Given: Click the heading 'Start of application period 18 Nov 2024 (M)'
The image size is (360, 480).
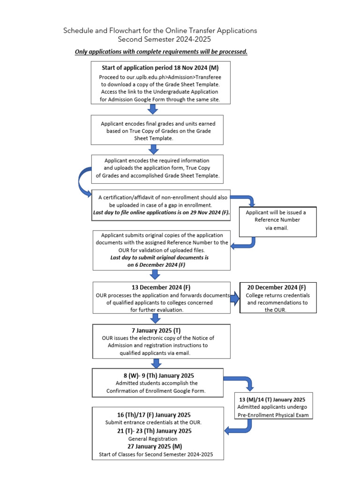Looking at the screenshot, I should coord(160,67).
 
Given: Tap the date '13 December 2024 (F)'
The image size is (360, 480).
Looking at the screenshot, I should coord(161,287).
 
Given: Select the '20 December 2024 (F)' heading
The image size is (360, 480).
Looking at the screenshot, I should coord(278,287).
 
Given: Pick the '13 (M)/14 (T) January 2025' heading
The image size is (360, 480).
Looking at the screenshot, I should coord(272,399).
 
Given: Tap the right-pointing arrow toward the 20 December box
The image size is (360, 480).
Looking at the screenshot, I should coord(235,298).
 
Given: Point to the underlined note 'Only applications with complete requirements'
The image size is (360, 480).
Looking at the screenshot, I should coord(161,52).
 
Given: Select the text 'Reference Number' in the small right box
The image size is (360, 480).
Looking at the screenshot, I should coord(277,220).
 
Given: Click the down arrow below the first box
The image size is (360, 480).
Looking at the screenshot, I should coord(153,109).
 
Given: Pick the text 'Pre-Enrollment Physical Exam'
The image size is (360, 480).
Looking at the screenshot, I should coord(272,415).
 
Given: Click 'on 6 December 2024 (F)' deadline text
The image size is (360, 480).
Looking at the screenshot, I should coord(157,265).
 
